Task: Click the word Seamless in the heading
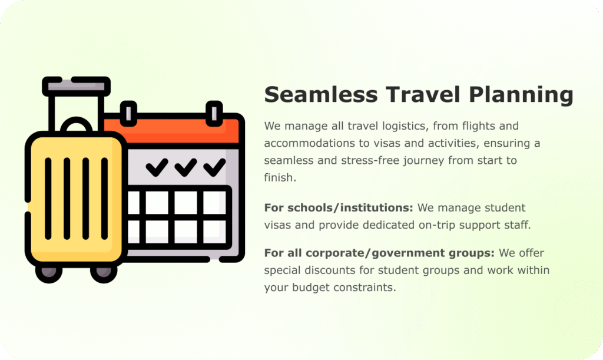click(x=321, y=94)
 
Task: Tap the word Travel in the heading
click(x=423, y=94)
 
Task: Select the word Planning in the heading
click(x=521, y=95)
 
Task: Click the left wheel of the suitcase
click(x=49, y=272)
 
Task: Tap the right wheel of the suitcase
click(x=104, y=272)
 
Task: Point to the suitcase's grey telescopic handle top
click(x=76, y=86)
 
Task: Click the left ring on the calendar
click(x=128, y=114)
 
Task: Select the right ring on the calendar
click(x=214, y=114)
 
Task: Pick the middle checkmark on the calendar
click(x=185, y=167)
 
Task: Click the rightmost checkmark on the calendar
click(x=214, y=167)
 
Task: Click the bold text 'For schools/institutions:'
click(x=339, y=207)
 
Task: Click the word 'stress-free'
click(x=367, y=160)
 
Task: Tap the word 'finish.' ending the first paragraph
click(x=280, y=177)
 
